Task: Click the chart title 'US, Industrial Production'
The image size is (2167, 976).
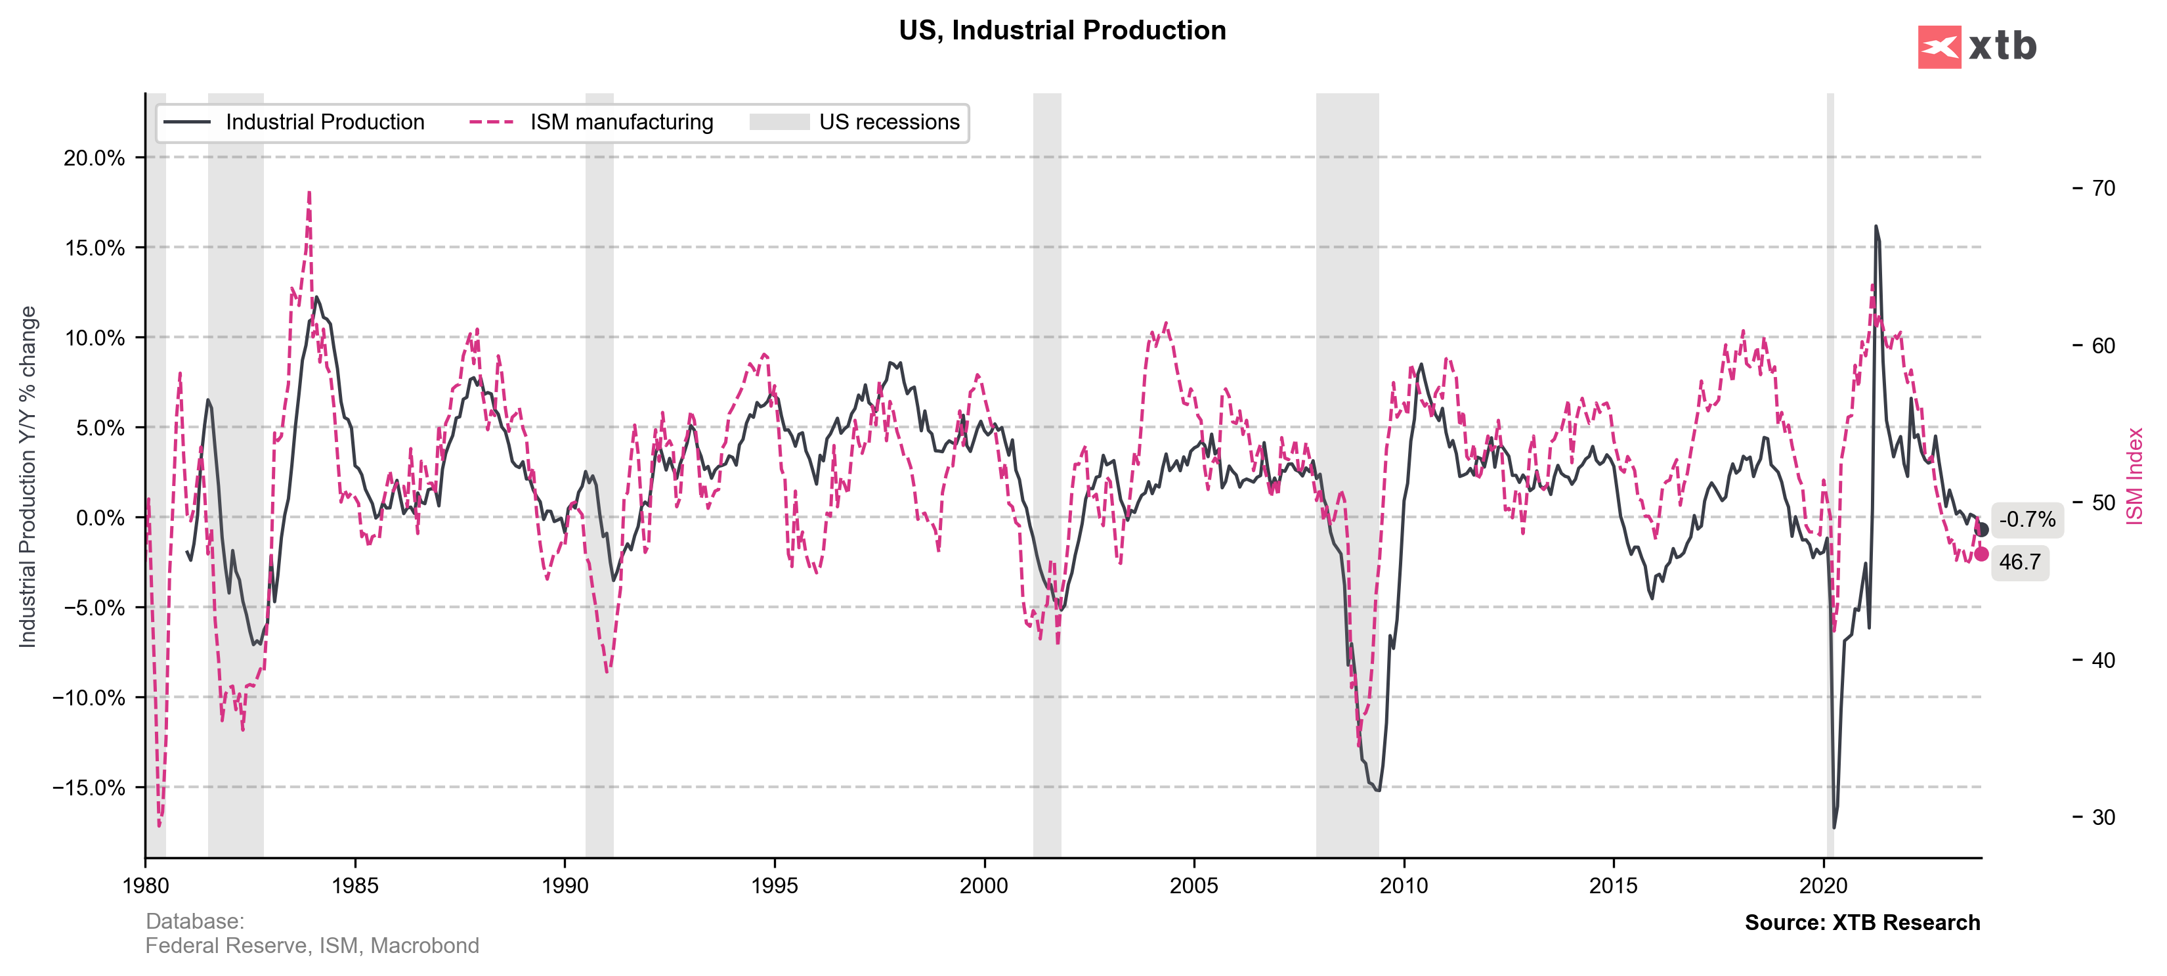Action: pos(1062,30)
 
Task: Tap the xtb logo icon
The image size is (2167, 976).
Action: pos(1939,47)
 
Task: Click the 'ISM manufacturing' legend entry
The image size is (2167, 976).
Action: pos(621,122)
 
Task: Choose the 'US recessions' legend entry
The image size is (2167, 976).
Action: pos(888,122)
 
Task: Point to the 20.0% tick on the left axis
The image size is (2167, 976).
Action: pos(95,158)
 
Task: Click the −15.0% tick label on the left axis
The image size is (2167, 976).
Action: pos(89,787)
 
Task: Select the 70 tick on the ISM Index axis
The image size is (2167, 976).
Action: pos(2103,188)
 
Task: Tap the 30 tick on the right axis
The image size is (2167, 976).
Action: pos(2103,817)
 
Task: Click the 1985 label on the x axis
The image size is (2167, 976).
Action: pos(355,885)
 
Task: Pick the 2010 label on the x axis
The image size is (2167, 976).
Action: pos(1403,885)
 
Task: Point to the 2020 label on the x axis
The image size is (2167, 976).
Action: pos(1823,885)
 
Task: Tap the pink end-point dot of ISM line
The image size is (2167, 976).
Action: pos(1981,554)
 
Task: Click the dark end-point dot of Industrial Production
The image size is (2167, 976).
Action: pos(1981,529)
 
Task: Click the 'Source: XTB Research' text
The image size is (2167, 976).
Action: pos(1862,922)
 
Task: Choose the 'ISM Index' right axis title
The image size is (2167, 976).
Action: pos(2134,476)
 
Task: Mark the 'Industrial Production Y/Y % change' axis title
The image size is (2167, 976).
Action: pos(28,476)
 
